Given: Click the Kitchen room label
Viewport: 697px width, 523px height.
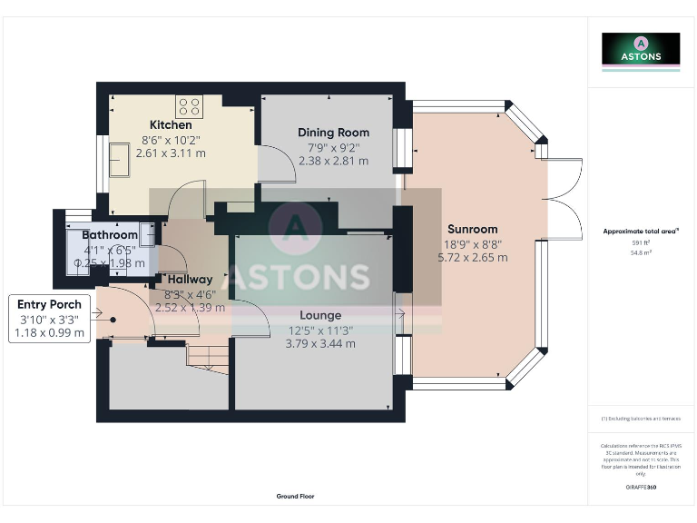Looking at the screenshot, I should point(171,124).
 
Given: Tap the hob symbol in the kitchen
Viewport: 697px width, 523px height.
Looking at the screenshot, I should point(190,105).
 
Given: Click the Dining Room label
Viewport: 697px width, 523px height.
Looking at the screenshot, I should point(333,133).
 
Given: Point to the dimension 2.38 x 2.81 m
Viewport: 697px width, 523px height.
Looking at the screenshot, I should point(333,161).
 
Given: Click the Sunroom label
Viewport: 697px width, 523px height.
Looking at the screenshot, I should point(472,229).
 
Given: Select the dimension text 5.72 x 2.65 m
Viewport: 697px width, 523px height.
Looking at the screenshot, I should point(472,258).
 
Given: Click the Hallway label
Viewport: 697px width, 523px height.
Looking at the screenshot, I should point(190,280).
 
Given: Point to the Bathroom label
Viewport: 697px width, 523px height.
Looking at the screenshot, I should point(111,235).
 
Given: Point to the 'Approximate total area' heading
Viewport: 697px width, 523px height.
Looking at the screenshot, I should point(641,232).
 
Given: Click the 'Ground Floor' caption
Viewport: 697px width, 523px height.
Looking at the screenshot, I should point(296,497).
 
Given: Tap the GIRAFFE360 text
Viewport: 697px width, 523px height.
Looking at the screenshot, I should point(641,488).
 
